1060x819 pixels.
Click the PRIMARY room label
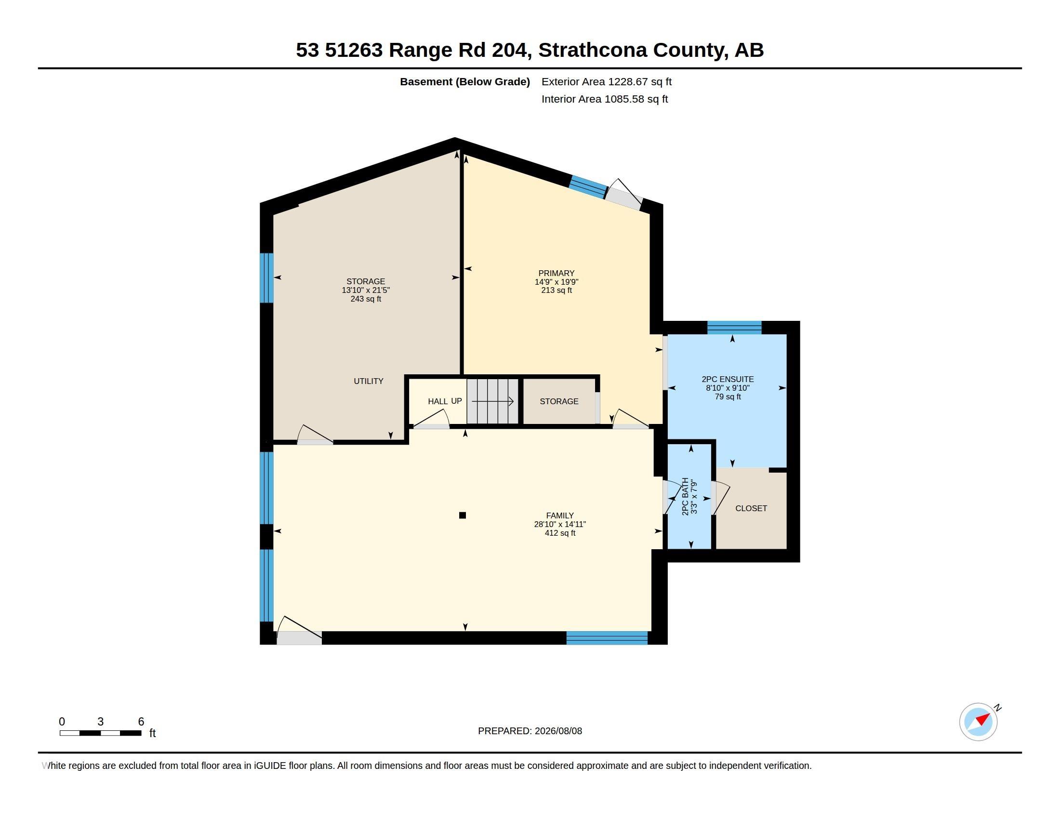coord(556,273)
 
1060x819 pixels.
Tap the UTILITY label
coord(369,382)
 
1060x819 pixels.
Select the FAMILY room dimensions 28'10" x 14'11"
coord(559,524)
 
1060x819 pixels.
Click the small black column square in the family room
coord(463,515)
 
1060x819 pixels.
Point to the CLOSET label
coord(751,508)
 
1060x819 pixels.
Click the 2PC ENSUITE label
coord(728,380)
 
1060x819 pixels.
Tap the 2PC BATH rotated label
coord(685,496)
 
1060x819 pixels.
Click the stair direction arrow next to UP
coord(492,401)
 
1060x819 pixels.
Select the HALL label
coord(438,401)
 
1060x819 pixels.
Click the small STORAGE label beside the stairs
coord(558,401)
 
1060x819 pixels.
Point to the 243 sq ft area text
coord(366,299)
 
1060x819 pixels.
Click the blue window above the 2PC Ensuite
coord(734,328)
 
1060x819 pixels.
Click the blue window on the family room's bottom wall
coord(607,637)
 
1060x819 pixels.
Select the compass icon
coord(978,722)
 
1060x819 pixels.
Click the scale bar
coord(101,733)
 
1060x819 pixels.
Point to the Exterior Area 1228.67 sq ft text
coord(606,81)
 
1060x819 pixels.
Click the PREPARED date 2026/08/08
coord(558,731)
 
